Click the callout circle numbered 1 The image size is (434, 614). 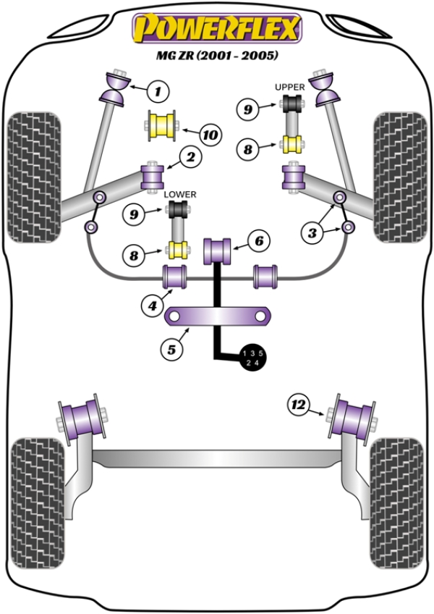[x=158, y=91]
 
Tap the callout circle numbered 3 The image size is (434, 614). [x=312, y=232]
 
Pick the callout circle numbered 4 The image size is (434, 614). [x=152, y=306]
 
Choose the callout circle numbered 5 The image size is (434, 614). [x=171, y=350]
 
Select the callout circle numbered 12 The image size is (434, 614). [x=298, y=403]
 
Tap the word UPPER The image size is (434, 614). [x=289, y=87]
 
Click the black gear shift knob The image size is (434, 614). [x=253, y=358]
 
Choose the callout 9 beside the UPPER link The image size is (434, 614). [x=248, y=109]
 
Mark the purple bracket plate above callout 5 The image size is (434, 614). [x=218, y=316]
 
